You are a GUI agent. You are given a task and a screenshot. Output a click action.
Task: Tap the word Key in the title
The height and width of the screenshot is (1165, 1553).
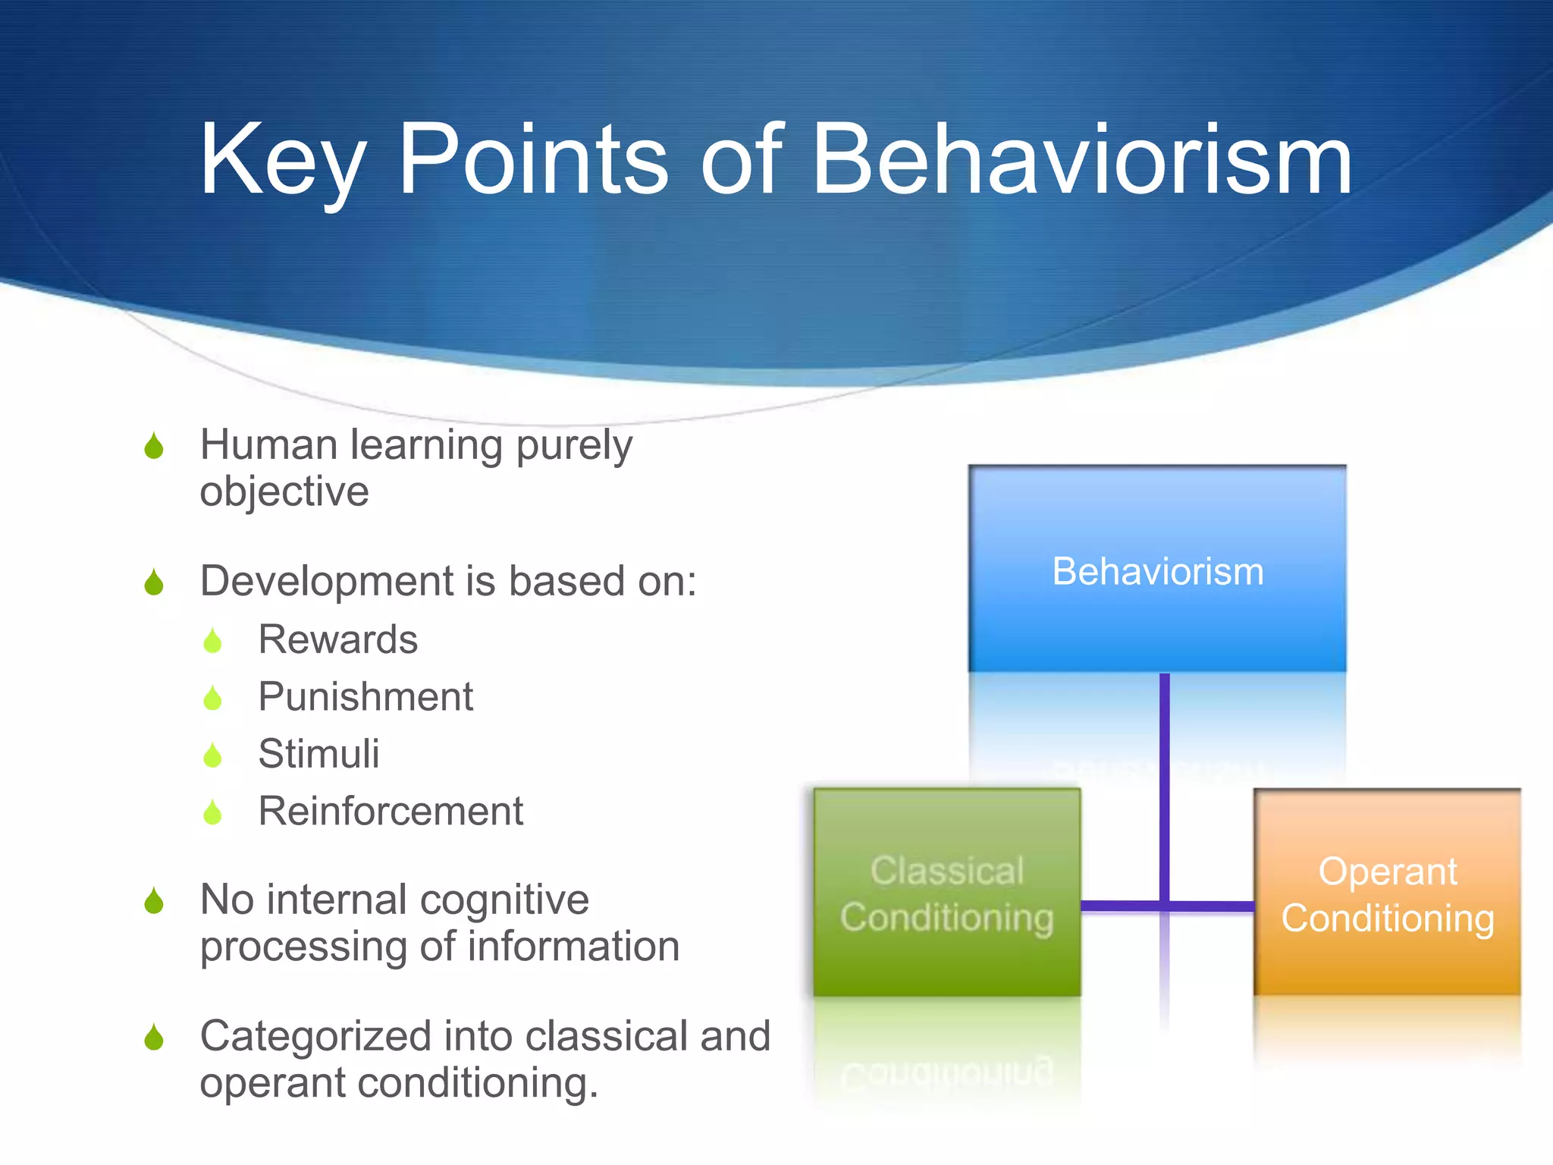coord(282,160)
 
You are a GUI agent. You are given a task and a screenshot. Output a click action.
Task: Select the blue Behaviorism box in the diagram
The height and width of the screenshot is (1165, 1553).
coord(1157,569)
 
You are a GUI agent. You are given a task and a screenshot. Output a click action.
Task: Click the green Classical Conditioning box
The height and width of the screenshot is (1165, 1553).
coord(946,893)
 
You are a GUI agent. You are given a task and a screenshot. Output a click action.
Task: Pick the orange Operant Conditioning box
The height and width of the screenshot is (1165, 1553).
coord(1387,893)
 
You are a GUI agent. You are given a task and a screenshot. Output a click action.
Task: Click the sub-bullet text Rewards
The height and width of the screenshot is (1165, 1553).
coord(337,639)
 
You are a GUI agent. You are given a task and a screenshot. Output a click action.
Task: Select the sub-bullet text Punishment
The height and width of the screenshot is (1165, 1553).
coord(365,696)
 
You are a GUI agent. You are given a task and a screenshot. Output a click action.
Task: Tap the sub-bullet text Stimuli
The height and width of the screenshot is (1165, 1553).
coord(318,754)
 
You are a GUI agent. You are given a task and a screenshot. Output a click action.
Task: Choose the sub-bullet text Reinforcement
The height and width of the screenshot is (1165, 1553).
coord(391,811)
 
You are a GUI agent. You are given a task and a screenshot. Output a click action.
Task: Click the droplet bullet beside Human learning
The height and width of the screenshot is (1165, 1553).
coord(154,446)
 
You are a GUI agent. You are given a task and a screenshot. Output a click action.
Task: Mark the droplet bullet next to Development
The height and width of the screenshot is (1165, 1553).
coord(154,582)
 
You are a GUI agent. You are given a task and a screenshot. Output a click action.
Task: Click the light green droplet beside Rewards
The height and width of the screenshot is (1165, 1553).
coord(212,641)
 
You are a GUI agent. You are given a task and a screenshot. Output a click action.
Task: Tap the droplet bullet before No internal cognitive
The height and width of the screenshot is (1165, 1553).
coord(154,901)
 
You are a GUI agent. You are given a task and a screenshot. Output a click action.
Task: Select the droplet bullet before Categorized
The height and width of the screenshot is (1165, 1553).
coord(154,1038)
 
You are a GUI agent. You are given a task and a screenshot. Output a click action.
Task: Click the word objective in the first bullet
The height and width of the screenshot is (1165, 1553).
coord(284,491)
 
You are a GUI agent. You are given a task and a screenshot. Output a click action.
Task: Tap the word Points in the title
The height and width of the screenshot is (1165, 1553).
coord(533,160)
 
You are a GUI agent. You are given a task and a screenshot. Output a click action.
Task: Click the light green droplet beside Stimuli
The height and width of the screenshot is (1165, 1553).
coord(212,755)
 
